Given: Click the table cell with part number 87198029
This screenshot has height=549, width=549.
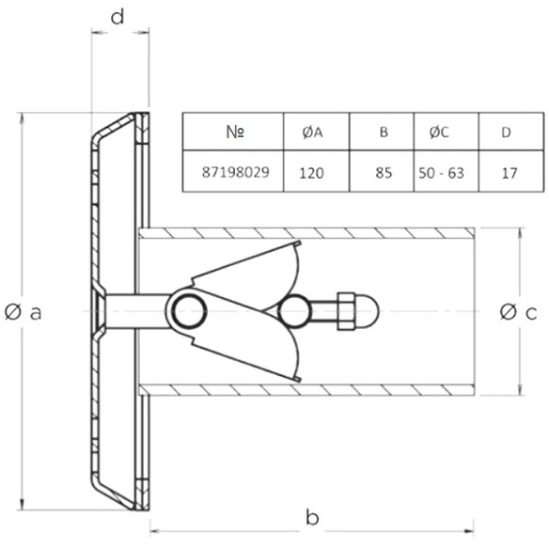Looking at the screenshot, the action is (236, 172).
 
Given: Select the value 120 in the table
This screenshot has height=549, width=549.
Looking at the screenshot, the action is (311, 173).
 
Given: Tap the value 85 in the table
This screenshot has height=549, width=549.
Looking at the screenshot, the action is (384, 173).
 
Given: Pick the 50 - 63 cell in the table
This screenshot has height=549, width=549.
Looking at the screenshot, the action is (441, 173).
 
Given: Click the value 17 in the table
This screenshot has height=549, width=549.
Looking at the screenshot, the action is (510, 173).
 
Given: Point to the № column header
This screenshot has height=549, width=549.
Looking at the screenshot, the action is (235, 132).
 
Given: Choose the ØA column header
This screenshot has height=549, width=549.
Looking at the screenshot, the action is (312, 133).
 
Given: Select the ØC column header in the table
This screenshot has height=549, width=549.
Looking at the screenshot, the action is (439, 132).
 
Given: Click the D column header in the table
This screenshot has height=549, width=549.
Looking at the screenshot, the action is (507, 133).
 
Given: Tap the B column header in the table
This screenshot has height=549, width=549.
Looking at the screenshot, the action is (384, 132).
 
